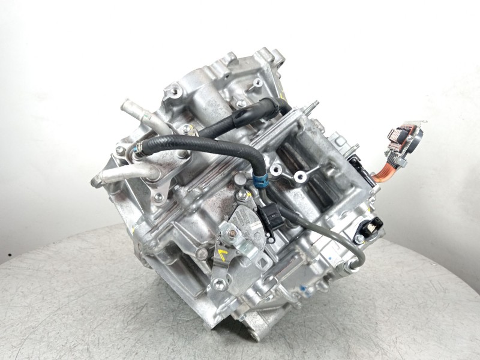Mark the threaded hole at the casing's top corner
click(x=174, y=92)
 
